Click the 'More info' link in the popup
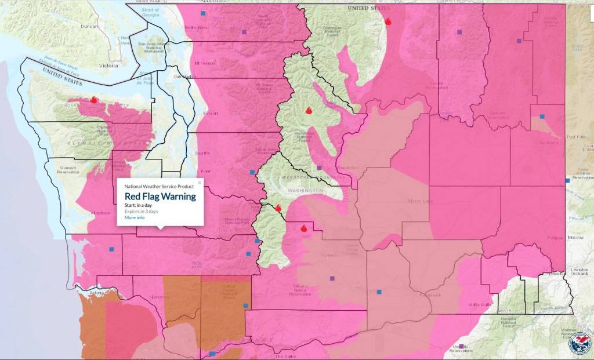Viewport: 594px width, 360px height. click(x=135, y=218)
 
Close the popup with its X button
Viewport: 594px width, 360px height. click(x=200, y=183)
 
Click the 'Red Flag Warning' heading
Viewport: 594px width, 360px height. click(x=160, y=197)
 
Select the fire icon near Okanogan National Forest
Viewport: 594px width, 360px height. click(x=388, y=21)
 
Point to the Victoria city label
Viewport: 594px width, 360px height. click(x=108, y=66)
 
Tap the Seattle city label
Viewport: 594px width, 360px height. click(x=203, y=153)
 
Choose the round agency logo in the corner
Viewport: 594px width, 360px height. click(x=579, y=343)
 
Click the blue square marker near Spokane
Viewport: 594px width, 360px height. click(x=542, y=117)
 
